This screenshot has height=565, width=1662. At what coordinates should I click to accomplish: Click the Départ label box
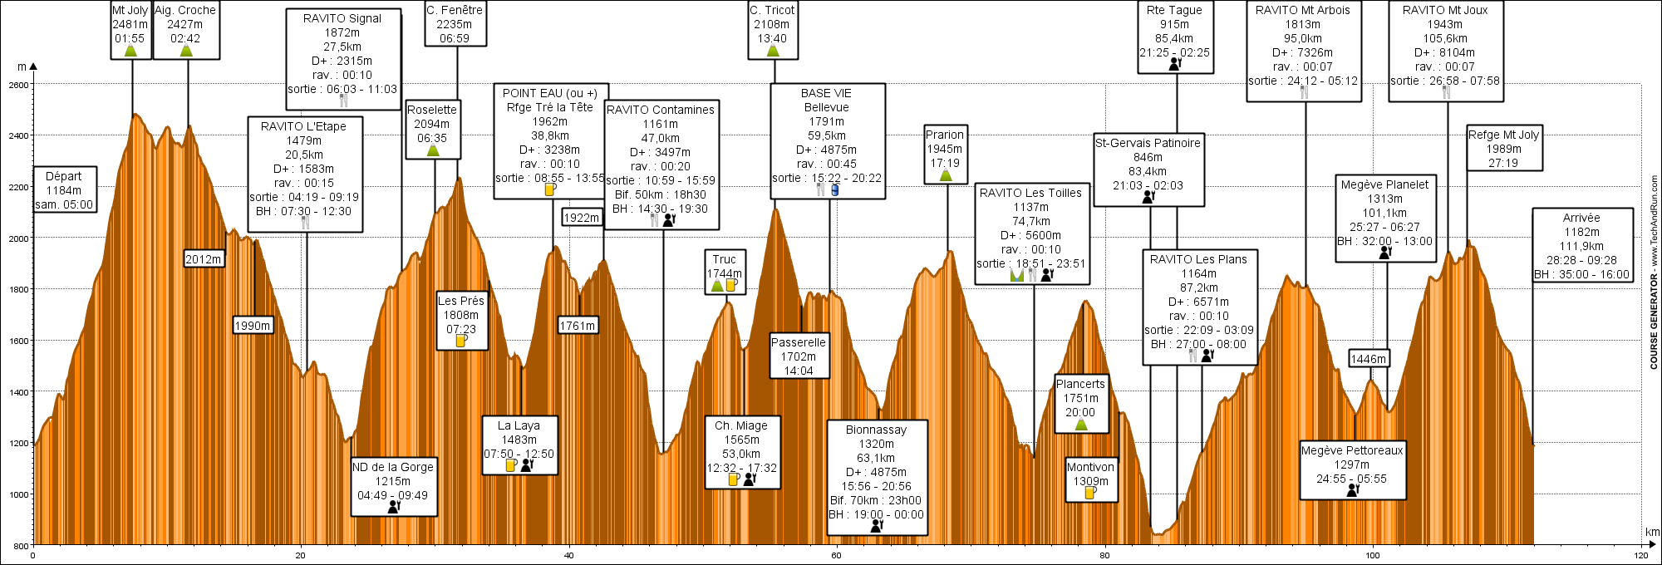[65, 189]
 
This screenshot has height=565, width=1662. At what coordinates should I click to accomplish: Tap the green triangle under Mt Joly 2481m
[130, 51]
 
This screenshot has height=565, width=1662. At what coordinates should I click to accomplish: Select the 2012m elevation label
[204, 259]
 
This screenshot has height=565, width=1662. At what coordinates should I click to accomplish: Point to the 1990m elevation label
[253, 326]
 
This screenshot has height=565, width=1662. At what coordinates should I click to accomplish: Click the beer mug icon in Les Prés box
[461, 341]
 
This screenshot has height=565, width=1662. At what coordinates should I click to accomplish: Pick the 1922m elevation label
[582, 218]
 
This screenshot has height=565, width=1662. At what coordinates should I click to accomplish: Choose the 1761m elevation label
[578, 326]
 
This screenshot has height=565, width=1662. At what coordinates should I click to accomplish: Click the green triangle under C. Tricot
[773, 51]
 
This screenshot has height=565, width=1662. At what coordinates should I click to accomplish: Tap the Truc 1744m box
[725, 272]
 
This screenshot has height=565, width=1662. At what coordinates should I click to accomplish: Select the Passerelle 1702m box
[799, 356]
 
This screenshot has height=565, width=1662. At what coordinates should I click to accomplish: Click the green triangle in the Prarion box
[946, 175]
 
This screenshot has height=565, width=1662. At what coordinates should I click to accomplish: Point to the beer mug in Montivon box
[1090, 493]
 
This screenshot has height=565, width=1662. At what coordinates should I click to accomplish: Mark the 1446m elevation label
[1369, 359]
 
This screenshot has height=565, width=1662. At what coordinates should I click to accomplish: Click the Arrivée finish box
[1582, 245]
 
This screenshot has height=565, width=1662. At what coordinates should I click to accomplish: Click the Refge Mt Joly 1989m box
[1504, 148]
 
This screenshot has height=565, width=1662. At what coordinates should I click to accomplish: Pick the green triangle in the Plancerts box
[1081, 425]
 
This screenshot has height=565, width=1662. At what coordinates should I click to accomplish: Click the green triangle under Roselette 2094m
[433, 150]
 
